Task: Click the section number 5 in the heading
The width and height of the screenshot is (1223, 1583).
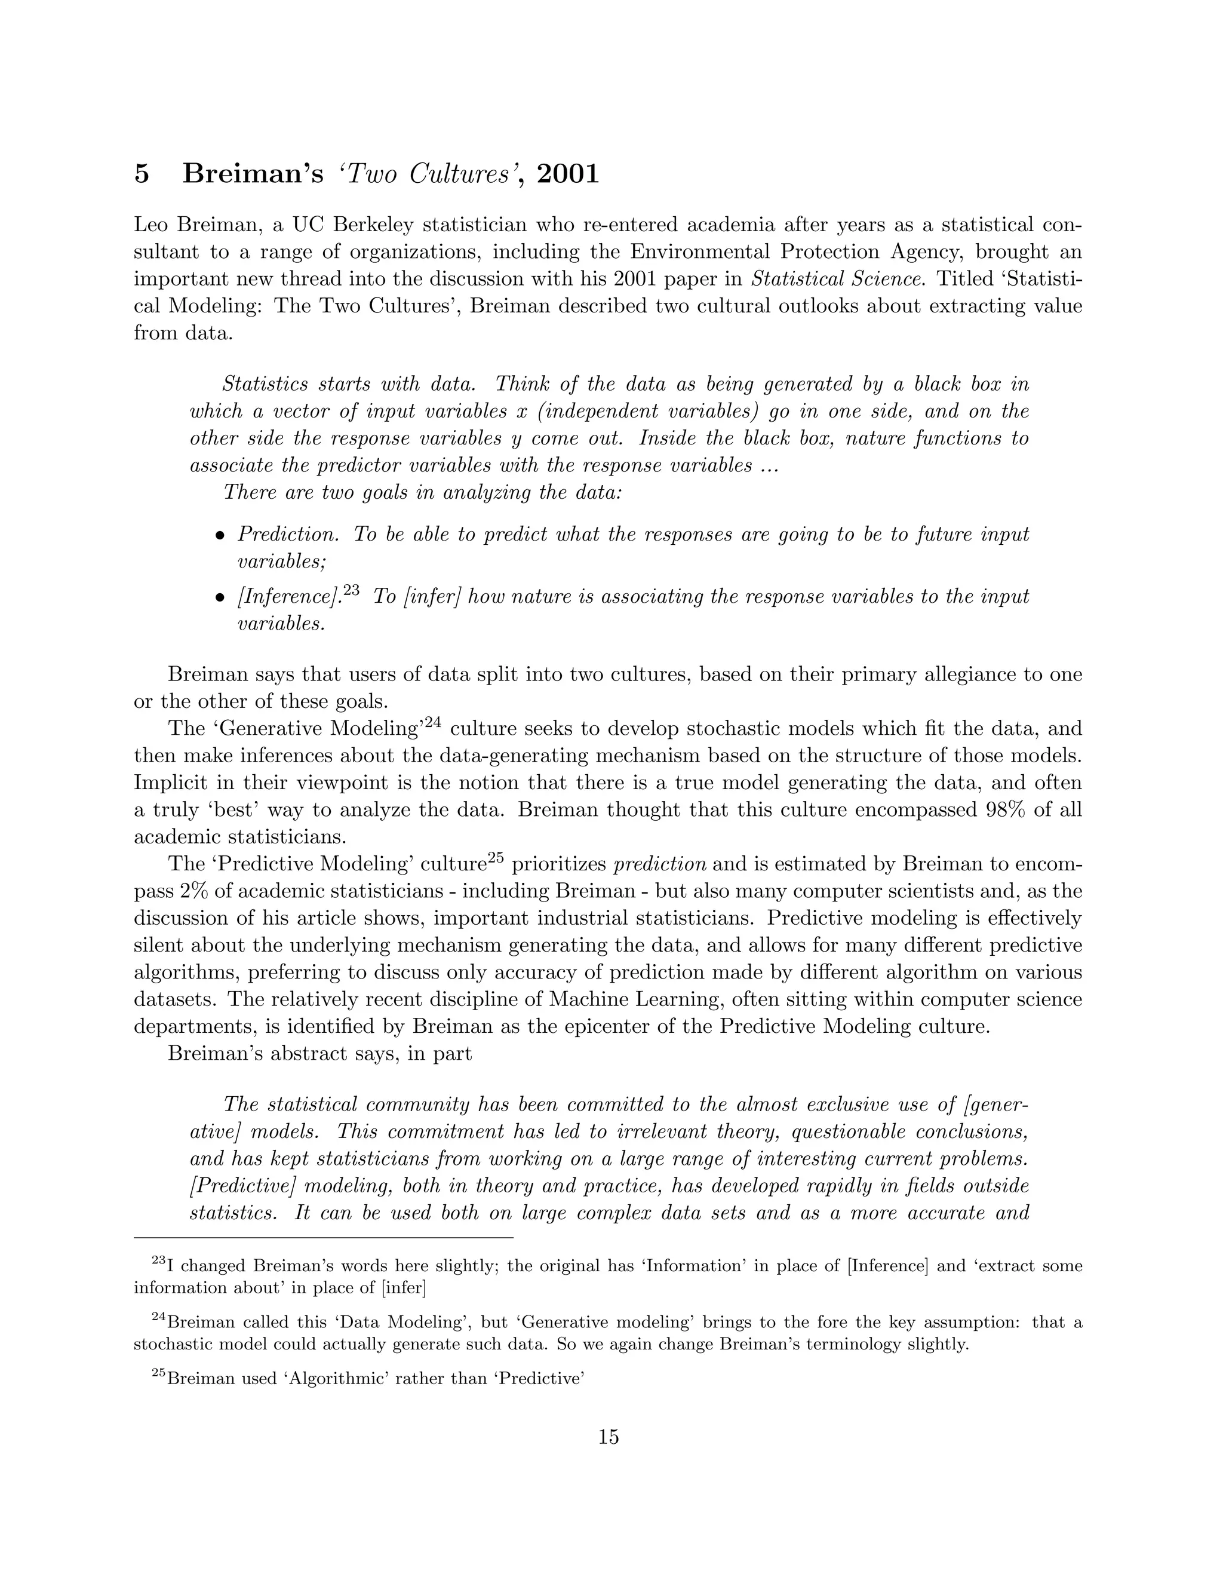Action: pos(142,174)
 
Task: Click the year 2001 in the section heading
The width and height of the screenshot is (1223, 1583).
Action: pos(568,174)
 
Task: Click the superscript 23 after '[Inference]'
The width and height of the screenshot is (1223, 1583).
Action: pos(351,591)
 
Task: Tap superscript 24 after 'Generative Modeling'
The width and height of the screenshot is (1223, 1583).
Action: pos(432,723)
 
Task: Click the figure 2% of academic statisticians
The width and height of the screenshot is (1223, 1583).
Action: pos(194,891)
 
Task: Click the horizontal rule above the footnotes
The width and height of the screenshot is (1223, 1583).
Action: pos(323,1238)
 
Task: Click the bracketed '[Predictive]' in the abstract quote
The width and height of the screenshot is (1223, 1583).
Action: pos(241,1186)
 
